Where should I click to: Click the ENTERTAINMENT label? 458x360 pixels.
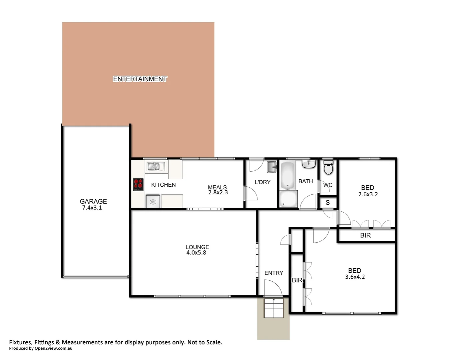(140, 79)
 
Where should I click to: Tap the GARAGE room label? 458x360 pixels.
(93, 201)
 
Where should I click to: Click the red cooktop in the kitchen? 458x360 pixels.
(138, 184)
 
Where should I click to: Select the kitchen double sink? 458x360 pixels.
(154, 166)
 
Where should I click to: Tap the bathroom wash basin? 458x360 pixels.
(309, 164)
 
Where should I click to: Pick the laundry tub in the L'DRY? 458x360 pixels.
(272, 167)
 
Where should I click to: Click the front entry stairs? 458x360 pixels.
(273, 308)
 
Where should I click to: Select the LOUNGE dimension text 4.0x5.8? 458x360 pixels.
(196, 253)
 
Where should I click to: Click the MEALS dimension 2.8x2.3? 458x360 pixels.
(218, 192)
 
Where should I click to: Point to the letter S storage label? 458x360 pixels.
(328, 203)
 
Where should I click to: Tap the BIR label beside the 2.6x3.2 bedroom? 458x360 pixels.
(365, 235)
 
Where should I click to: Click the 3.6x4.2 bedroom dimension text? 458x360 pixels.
(355, 277)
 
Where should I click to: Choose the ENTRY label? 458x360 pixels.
(274, 273)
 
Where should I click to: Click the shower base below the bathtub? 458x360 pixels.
(288, 199)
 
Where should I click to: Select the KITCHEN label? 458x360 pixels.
(163, 185)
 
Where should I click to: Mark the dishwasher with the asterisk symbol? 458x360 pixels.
(153, 202)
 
